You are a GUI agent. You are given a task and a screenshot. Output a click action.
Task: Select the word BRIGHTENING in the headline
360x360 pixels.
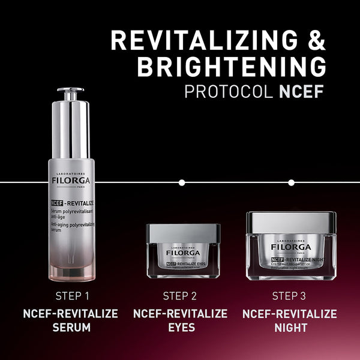coord(232,67)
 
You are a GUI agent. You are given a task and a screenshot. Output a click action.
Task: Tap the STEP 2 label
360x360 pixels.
coord(180,295)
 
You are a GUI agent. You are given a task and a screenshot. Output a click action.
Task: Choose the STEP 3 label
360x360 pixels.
coord(289,295)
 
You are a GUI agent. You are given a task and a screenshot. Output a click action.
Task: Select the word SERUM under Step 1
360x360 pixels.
coord(70,328)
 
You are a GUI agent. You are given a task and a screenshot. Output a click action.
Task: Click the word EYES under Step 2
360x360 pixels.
coord(180,328)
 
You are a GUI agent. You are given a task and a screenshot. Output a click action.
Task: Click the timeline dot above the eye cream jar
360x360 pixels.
coord(182,182)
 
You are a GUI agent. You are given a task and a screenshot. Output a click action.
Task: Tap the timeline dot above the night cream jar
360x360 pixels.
coord(292,182)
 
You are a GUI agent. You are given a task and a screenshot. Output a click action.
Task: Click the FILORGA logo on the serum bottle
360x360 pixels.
coord(70,179)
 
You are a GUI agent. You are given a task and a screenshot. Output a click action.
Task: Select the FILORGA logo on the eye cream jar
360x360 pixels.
coord(182,253)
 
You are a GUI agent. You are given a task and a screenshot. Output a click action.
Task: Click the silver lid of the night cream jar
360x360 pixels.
coord(291,223)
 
